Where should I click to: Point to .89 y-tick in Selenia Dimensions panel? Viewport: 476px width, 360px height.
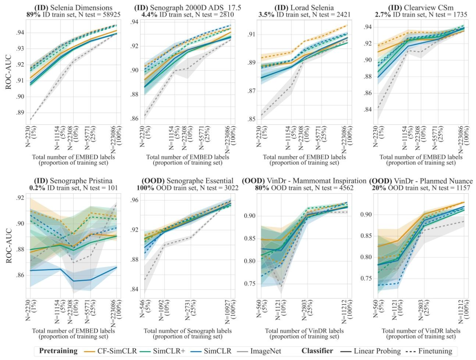(x=20, y=112)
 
